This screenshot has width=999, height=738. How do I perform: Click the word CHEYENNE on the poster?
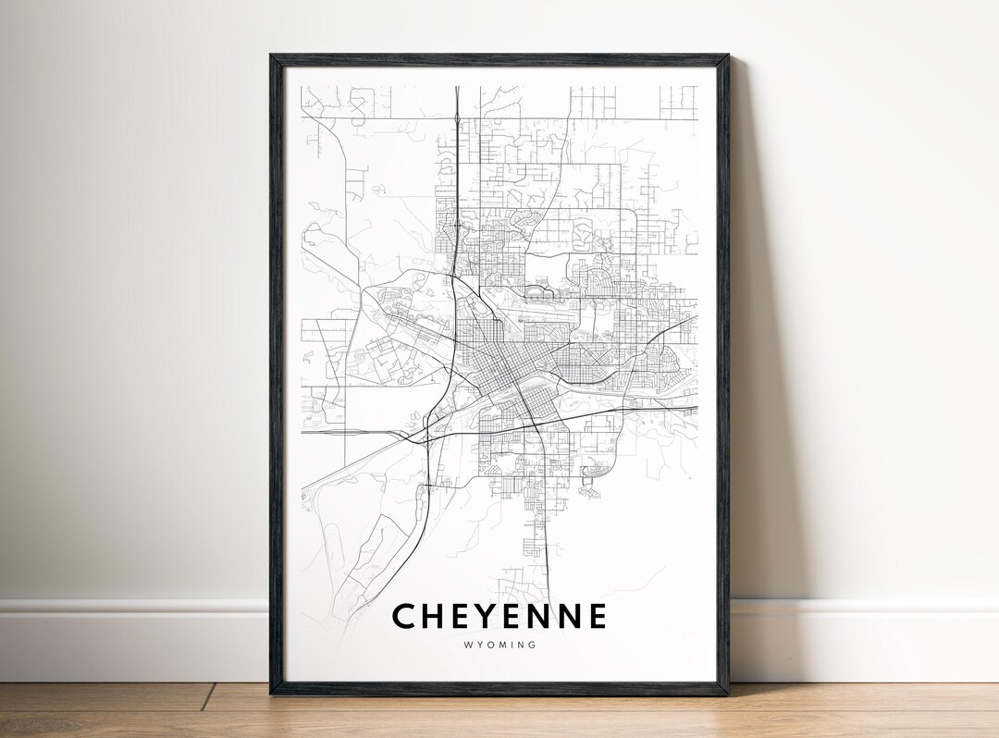(499, 616)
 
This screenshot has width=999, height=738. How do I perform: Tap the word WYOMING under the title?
(499, 646)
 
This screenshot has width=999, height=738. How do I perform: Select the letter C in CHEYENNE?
(403, 616)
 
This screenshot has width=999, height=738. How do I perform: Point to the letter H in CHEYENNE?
(433, 616)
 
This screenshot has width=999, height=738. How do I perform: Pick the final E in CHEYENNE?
(596, 616)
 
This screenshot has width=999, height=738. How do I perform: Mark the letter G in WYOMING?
(533, 646)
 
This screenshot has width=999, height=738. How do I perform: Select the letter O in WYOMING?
(487, 646)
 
